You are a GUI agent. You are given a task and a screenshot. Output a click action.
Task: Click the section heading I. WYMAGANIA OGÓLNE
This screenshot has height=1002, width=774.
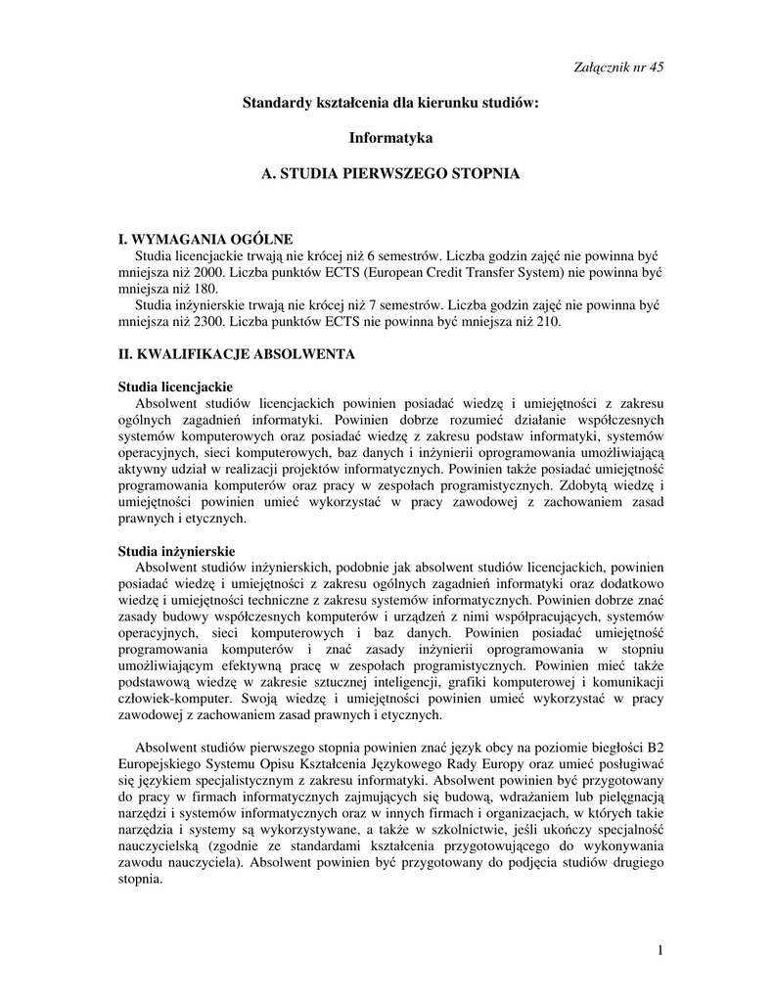click(x=205, y=239)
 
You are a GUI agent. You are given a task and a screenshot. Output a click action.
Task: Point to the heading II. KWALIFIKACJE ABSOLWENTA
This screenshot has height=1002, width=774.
click(x=236, y=352)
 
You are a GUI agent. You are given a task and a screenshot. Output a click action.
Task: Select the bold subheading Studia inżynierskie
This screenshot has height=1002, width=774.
click(x=176, y=552)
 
